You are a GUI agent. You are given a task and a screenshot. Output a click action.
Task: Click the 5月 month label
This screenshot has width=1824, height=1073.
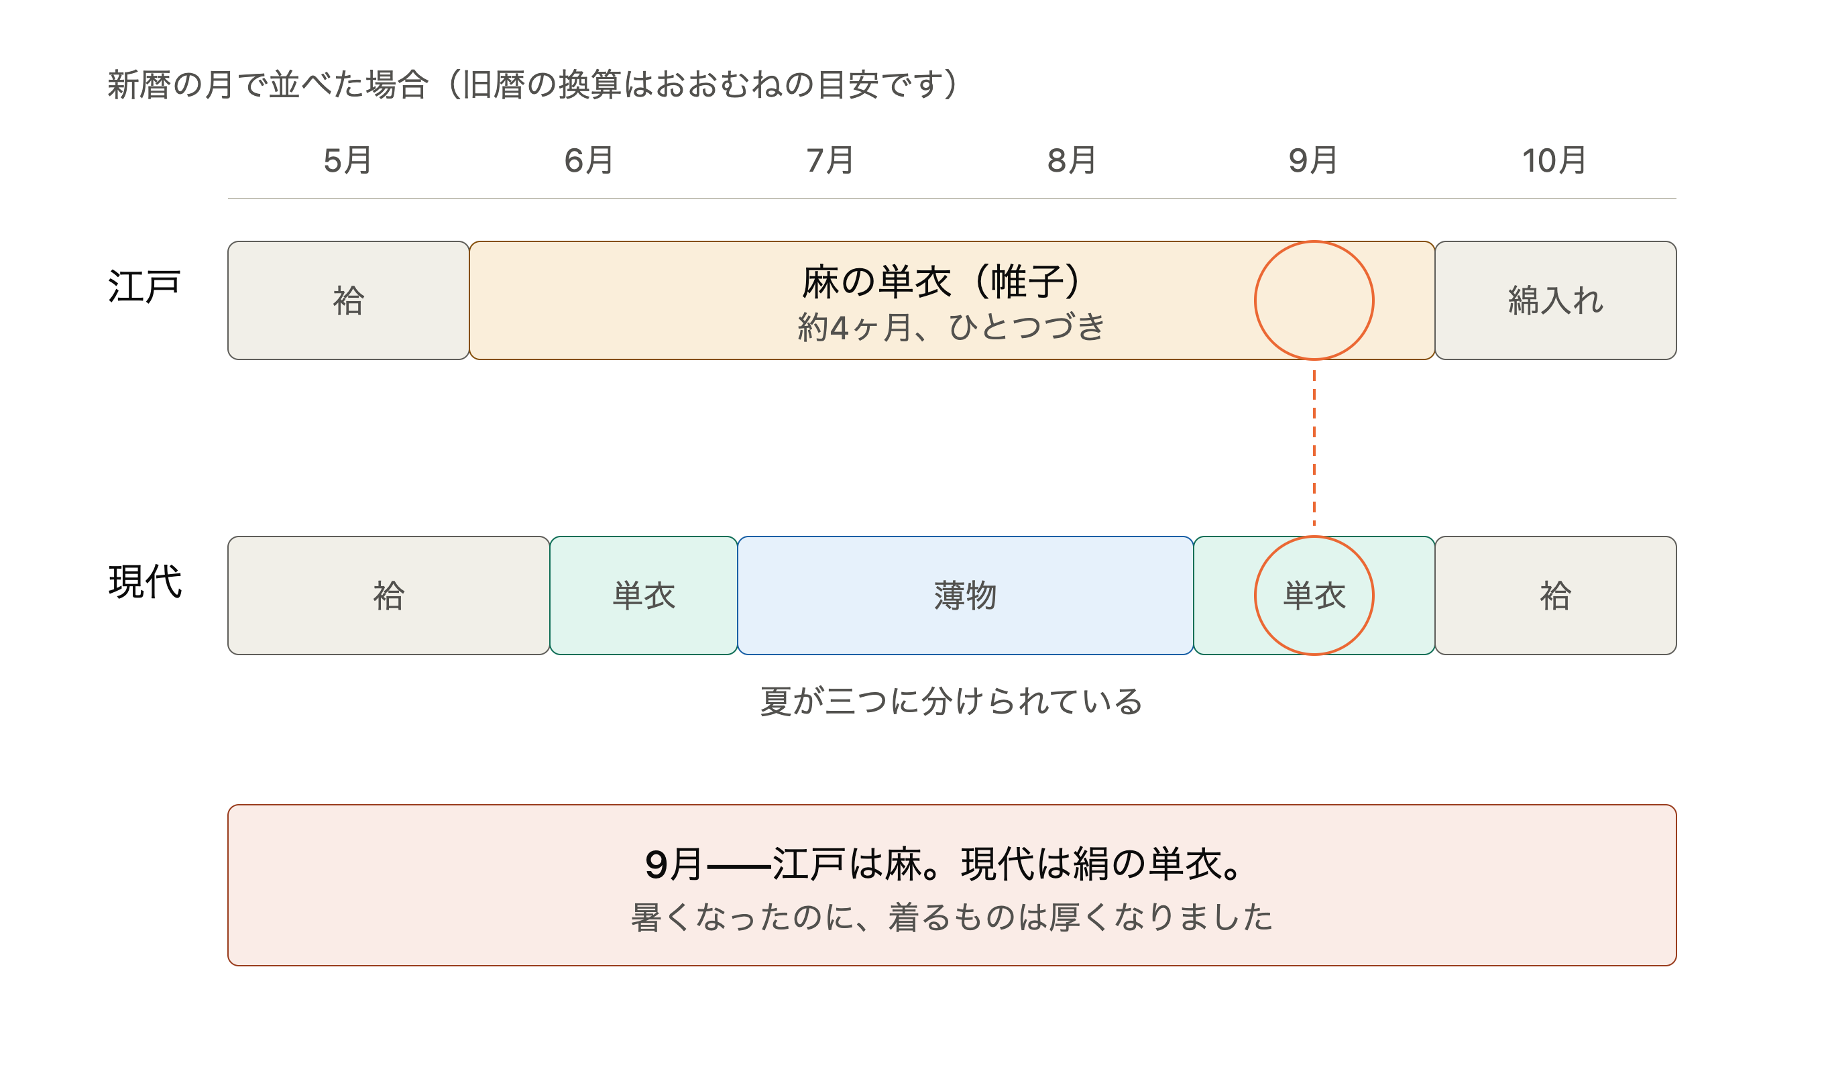point(348,161)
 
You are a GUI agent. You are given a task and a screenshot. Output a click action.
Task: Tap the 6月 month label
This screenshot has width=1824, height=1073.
point(589,161)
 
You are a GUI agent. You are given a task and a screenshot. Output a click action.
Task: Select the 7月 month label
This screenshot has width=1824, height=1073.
point(831,161)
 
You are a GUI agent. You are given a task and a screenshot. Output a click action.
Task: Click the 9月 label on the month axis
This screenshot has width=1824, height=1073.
point(1313,161)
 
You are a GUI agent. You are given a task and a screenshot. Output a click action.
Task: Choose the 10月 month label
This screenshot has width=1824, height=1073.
point(1554,161)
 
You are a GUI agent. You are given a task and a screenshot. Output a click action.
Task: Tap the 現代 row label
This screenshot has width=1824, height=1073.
point(145,582)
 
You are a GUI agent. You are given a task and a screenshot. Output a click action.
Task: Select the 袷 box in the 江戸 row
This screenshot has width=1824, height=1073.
point(348,300)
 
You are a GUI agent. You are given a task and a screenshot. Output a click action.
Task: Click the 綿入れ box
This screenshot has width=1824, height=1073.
point(1556,300)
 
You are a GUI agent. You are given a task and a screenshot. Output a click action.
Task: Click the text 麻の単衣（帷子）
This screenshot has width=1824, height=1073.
point(942,282)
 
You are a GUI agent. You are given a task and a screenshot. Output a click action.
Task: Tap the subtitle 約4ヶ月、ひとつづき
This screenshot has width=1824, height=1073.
point(951,327)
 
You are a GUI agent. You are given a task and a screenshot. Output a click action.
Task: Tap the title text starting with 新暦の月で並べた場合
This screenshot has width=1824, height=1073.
point(532,84)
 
